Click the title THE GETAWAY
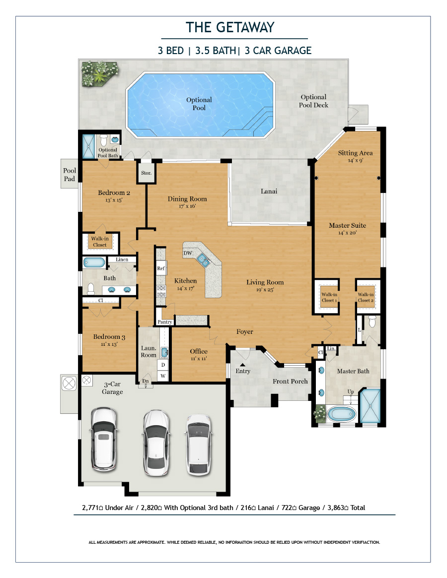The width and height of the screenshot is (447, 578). (230, 27)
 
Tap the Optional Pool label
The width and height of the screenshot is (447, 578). (199, 104)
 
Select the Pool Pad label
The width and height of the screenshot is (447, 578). (70, 174)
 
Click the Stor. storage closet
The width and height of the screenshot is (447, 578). (146, 173)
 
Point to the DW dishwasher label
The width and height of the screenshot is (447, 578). (188, 253)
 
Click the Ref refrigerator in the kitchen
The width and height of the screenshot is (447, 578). (161, 268)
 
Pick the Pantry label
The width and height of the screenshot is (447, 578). (164, 322)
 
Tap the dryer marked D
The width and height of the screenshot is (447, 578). (163, 365)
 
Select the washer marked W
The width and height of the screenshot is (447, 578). (163, 376)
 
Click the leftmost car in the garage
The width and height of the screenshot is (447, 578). (104, 439)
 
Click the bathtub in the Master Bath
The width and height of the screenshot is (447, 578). (342, 414)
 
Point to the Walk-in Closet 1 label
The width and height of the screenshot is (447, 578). (329, 297)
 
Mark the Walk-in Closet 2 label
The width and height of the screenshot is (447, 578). (366, 297)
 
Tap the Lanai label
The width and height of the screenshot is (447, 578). (269, 191)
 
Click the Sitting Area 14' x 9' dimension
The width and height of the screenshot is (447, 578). (356, 160)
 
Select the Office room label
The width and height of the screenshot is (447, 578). (199, 351)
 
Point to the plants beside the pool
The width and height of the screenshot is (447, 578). (100, 73)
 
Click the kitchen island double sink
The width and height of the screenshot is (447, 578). (203, 259)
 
